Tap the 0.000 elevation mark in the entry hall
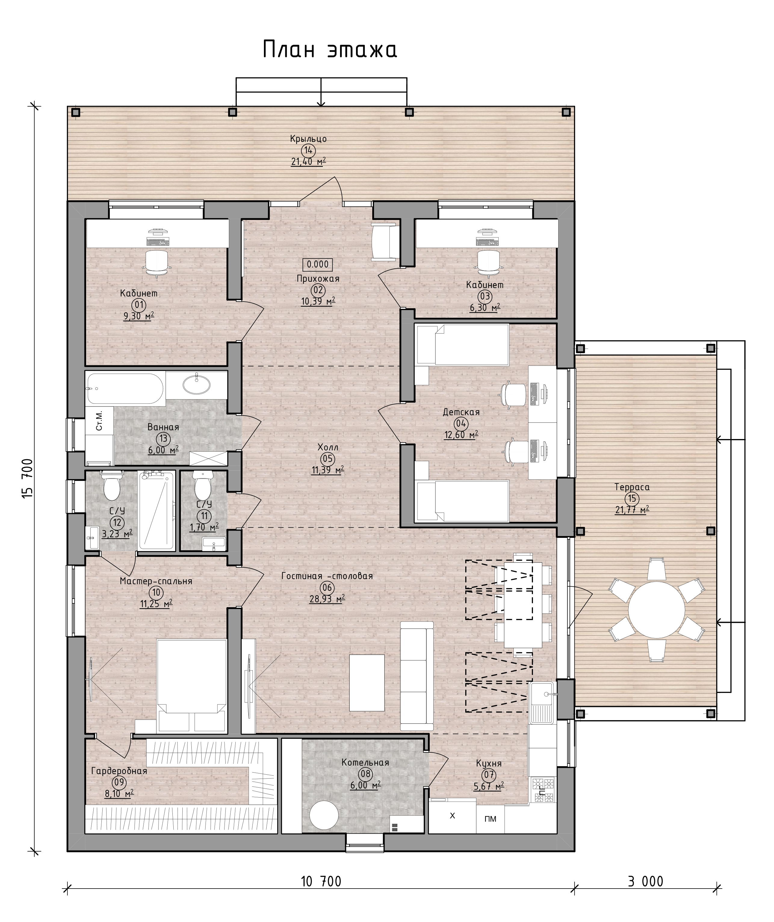(x=318, y=265)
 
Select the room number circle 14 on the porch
(x=308, y=151)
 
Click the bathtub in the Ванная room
(x=125, y=389)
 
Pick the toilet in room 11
(x=203, y=485)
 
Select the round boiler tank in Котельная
(x=324, y=815)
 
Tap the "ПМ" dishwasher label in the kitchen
(x=490, y=819)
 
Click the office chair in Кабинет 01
(x=157, y=263)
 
